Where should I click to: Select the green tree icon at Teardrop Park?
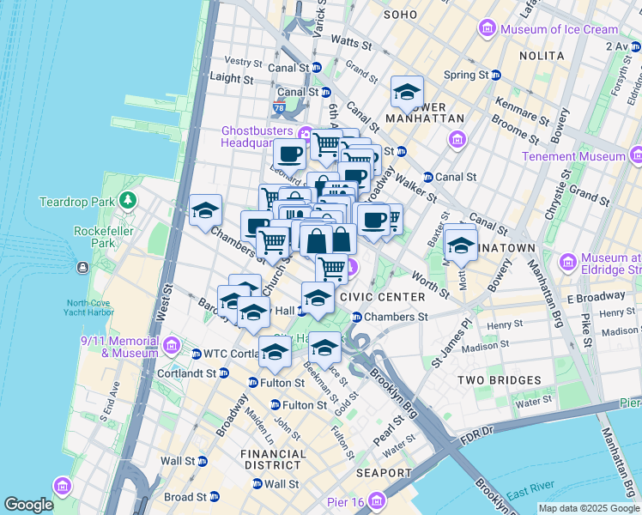click(x=128, y=201)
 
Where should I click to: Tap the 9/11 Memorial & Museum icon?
click(x=171, y=346)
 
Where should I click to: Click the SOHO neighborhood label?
click(x=400, y=15)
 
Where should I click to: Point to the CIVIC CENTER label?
click(x=383, y=297)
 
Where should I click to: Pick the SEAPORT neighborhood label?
click(x=384, y=473)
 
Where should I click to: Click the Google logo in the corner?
click(x=28, y=505)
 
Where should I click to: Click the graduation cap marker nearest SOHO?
click(x=407, y=91)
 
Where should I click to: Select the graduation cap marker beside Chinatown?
click(x=461, y=245)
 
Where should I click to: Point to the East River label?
click(x=530, y=495)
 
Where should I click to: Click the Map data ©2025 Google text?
click(x=589, y=508)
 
